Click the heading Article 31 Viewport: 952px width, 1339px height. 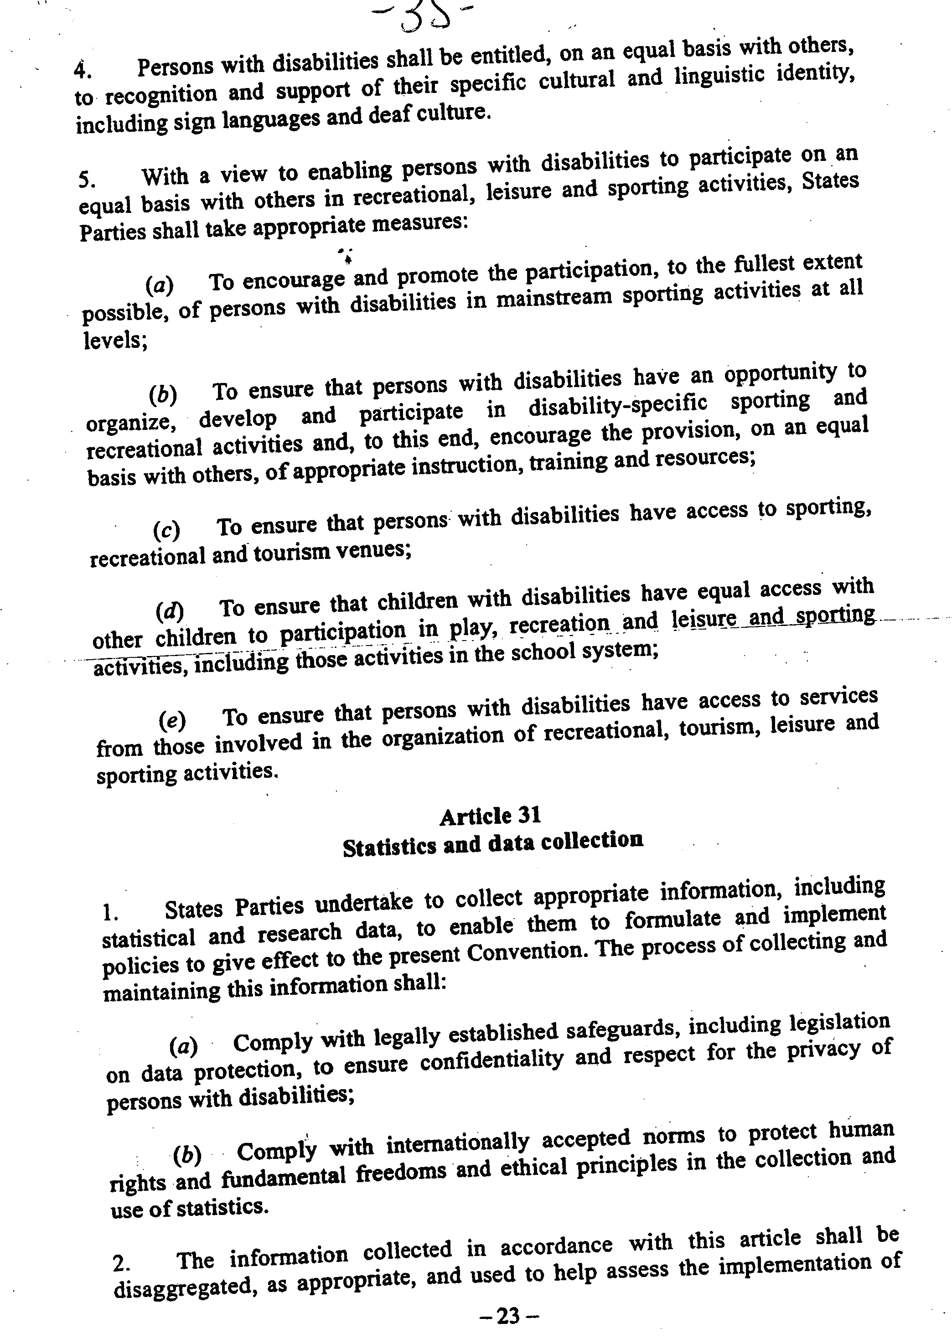(x=490, y=816)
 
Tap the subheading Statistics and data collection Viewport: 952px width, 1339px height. (x=493, y=844)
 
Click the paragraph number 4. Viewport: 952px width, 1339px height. (x=81, y=70)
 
